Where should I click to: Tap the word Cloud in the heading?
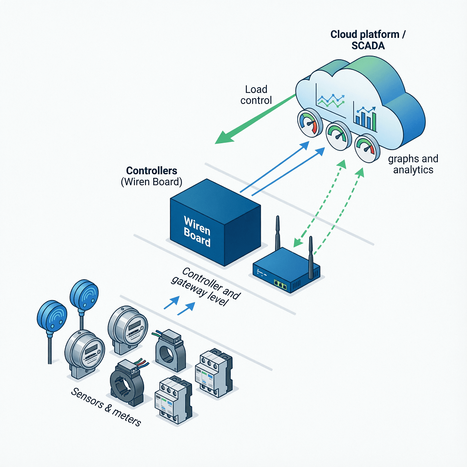point(345,35)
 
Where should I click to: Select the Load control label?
point(256,95)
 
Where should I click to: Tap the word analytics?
point(413,170)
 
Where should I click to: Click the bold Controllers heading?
point(151,171)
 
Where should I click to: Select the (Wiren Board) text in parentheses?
point(151,182)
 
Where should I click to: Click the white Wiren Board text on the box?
point(197,232)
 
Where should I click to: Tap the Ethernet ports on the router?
point(280,285)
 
